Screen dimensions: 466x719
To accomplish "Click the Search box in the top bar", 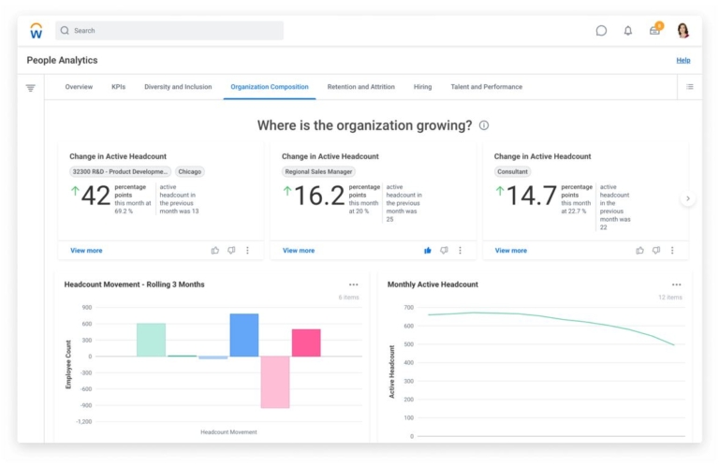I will click(169, 31).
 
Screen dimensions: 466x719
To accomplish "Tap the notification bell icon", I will click(627, 31).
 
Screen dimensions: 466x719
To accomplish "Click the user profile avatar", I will click(682, 31).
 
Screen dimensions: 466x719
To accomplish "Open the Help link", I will click(683, 60).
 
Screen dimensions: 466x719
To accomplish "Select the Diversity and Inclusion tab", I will click(178, 87).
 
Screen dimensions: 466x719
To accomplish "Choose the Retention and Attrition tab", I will click(360, 87).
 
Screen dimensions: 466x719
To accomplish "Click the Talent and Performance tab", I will click(486, 87).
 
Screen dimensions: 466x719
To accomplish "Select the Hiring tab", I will click(422, 87).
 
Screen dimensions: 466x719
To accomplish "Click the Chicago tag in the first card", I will click(190, 172).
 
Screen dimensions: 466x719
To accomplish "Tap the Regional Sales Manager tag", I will click(318, 172).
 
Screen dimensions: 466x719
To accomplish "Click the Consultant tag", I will click(512, 172).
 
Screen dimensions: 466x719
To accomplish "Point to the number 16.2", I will click(319, 196).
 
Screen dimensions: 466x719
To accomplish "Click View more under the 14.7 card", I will click(510, 251).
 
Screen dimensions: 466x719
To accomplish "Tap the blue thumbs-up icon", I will click(428, 251).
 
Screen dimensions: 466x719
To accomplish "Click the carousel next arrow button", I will click(687, 198).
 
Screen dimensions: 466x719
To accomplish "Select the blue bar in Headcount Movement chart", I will click(243, 335).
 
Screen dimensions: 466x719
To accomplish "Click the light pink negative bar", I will click(275, 382).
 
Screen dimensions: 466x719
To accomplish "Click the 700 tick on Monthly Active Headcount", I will click(407, 307).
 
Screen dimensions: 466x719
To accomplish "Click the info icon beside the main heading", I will click(484, 125).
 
